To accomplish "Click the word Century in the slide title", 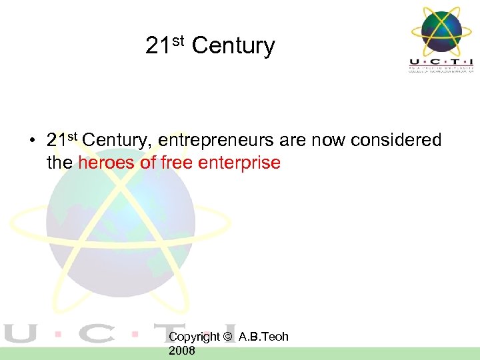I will click(x=233, y=46).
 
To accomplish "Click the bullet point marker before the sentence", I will click(x=31, y=141).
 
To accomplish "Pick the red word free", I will click(x=175, y=163).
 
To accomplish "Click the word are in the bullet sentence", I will click(x=290, y=141).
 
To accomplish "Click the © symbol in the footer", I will click(x=229, y=337).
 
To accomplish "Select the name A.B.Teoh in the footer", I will click(x=263, y=337).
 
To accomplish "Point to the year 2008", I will click(x=182, y=351).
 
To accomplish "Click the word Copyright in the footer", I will click(x=194, y=337).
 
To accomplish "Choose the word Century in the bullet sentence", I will click(x=117, y=141).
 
